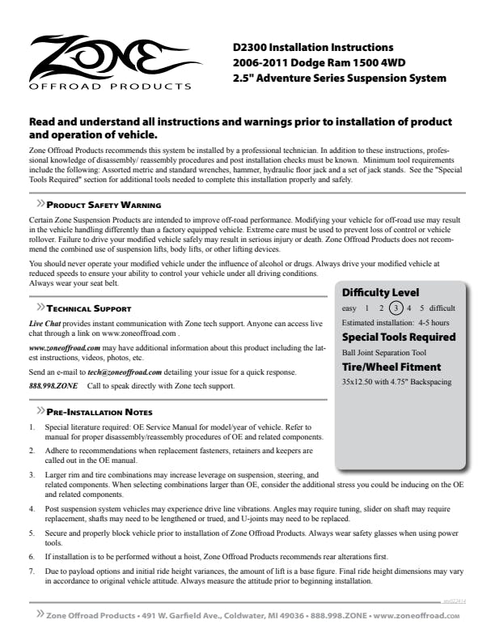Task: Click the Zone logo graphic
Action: pos(108,54)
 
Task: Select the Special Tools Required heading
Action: pos(399,337)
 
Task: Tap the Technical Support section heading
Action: pos(89,308)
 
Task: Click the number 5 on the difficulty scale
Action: pos(421,308)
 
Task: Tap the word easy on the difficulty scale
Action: pos(349,308)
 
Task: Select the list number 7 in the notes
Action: pos(32,571)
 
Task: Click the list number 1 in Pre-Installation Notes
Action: pos(32,426)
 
